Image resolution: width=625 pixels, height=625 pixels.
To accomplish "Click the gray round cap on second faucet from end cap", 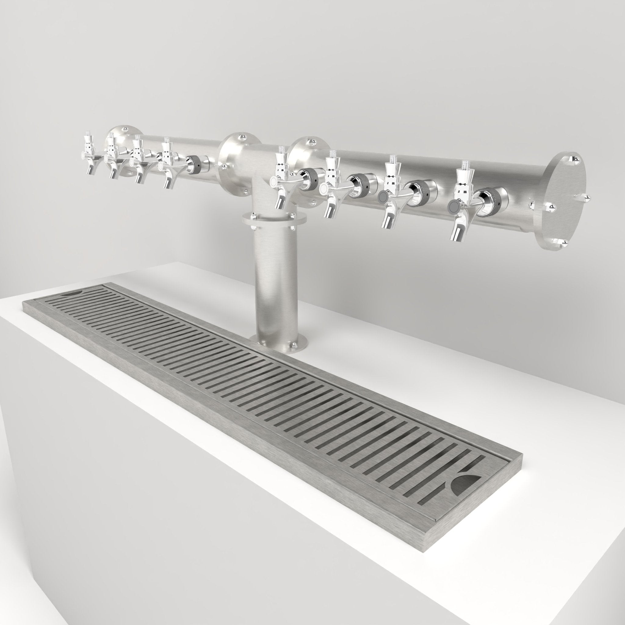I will [x=383, y=196].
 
